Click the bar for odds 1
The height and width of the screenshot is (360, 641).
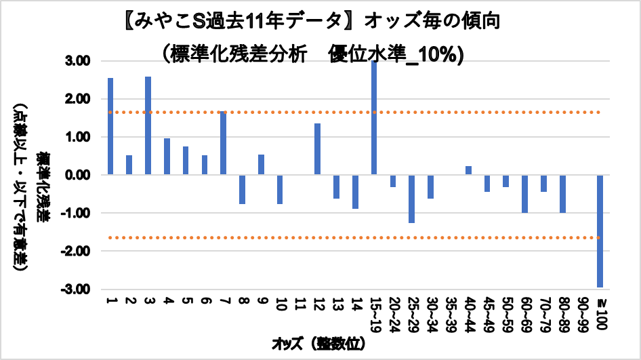coord(110,126)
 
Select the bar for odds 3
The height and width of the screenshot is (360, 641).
coord(148,125)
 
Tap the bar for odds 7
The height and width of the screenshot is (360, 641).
coord(223,143)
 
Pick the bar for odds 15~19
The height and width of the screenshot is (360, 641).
coord(373,118)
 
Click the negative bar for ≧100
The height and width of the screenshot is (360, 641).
coord(600,231)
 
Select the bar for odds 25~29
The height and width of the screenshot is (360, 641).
coord(411,199)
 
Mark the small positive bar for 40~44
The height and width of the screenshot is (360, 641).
coord(468,170)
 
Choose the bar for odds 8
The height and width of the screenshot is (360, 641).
coord(242,189)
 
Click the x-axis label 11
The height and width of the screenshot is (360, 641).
coord(298,304)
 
